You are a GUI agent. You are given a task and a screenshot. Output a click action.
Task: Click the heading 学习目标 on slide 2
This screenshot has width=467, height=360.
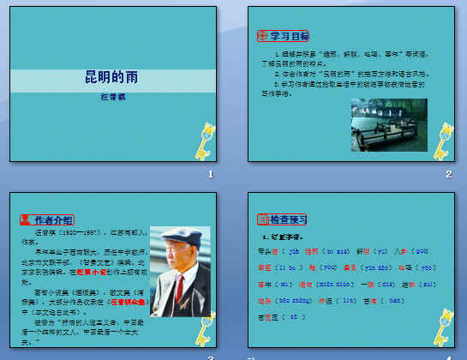point(289,37)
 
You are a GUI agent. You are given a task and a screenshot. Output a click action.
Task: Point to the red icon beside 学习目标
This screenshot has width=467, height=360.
point(262,37)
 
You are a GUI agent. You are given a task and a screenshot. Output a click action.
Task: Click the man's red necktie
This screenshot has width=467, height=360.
point(180,291)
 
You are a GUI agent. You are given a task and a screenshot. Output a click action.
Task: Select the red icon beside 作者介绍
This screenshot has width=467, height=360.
point(25,219)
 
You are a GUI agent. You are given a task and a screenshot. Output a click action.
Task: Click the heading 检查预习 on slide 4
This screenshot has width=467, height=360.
point(289,219)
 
